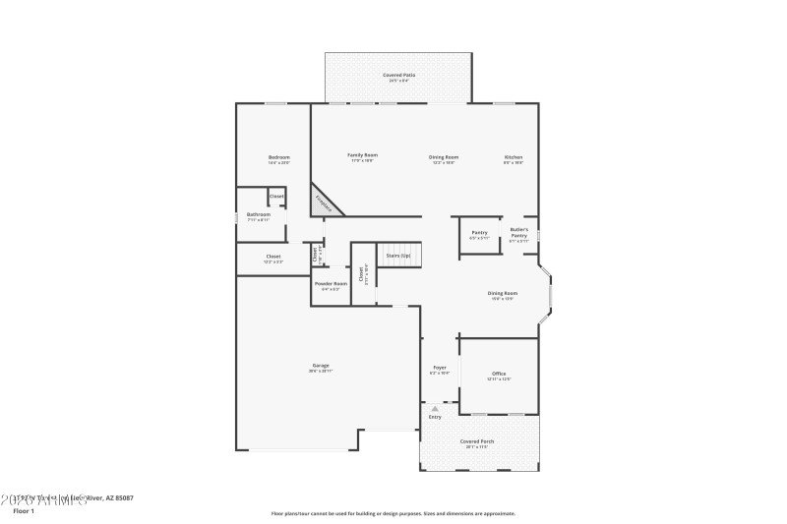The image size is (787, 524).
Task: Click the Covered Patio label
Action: (x=398, y=75)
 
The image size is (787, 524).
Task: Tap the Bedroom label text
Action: (x=279, y=157)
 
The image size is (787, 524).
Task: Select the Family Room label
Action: (x=363, y=155)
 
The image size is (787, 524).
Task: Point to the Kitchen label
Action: (x=514, y=157)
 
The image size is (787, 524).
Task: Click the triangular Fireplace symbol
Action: (x=325, y=201)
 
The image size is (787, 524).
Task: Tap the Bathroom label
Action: (x=258, y=214)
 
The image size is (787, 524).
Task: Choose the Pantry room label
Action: (x=479, y=233)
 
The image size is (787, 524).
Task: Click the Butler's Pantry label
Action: (x=518, y=232)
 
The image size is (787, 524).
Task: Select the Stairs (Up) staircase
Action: (x=399, y=256)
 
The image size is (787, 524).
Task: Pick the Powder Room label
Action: (x=331, y=283)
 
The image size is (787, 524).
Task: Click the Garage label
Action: (x=321, y=365)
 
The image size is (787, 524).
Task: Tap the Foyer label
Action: (x=440, y=368)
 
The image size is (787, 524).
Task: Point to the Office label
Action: (x=499, y=374)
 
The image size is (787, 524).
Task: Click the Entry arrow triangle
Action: (x=434, y=407)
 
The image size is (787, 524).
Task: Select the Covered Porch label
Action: (x=477, y=441)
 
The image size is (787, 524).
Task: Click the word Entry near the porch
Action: (x=434, y=417)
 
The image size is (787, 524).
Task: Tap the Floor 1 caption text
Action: (x=24, y=511)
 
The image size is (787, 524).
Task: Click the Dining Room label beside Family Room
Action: (x=444, y=157)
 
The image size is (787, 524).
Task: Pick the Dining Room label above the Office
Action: (x=503, y=293)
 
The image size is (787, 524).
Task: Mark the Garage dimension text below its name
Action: (x=321, y=371)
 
